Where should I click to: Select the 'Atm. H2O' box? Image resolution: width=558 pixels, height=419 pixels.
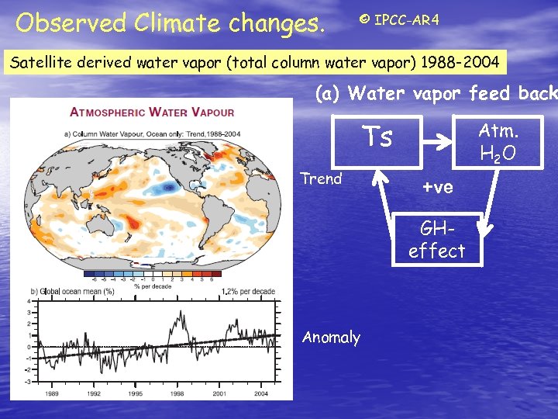498,141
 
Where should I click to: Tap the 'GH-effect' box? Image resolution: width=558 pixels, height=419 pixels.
436,240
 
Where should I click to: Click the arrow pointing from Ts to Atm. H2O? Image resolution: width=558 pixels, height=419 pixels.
439,142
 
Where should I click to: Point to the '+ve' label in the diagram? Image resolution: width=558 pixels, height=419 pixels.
438,187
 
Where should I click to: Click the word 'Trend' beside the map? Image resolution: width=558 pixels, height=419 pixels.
321,178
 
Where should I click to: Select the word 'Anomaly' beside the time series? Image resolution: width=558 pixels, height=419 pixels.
331,337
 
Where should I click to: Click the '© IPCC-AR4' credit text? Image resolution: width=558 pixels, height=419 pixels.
399,19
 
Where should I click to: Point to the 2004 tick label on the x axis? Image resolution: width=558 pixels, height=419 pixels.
260,393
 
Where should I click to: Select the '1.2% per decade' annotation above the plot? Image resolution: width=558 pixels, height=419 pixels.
248,291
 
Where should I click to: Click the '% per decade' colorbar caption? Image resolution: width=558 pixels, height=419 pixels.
153,285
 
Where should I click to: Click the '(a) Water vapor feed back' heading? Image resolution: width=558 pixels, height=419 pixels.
436,93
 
